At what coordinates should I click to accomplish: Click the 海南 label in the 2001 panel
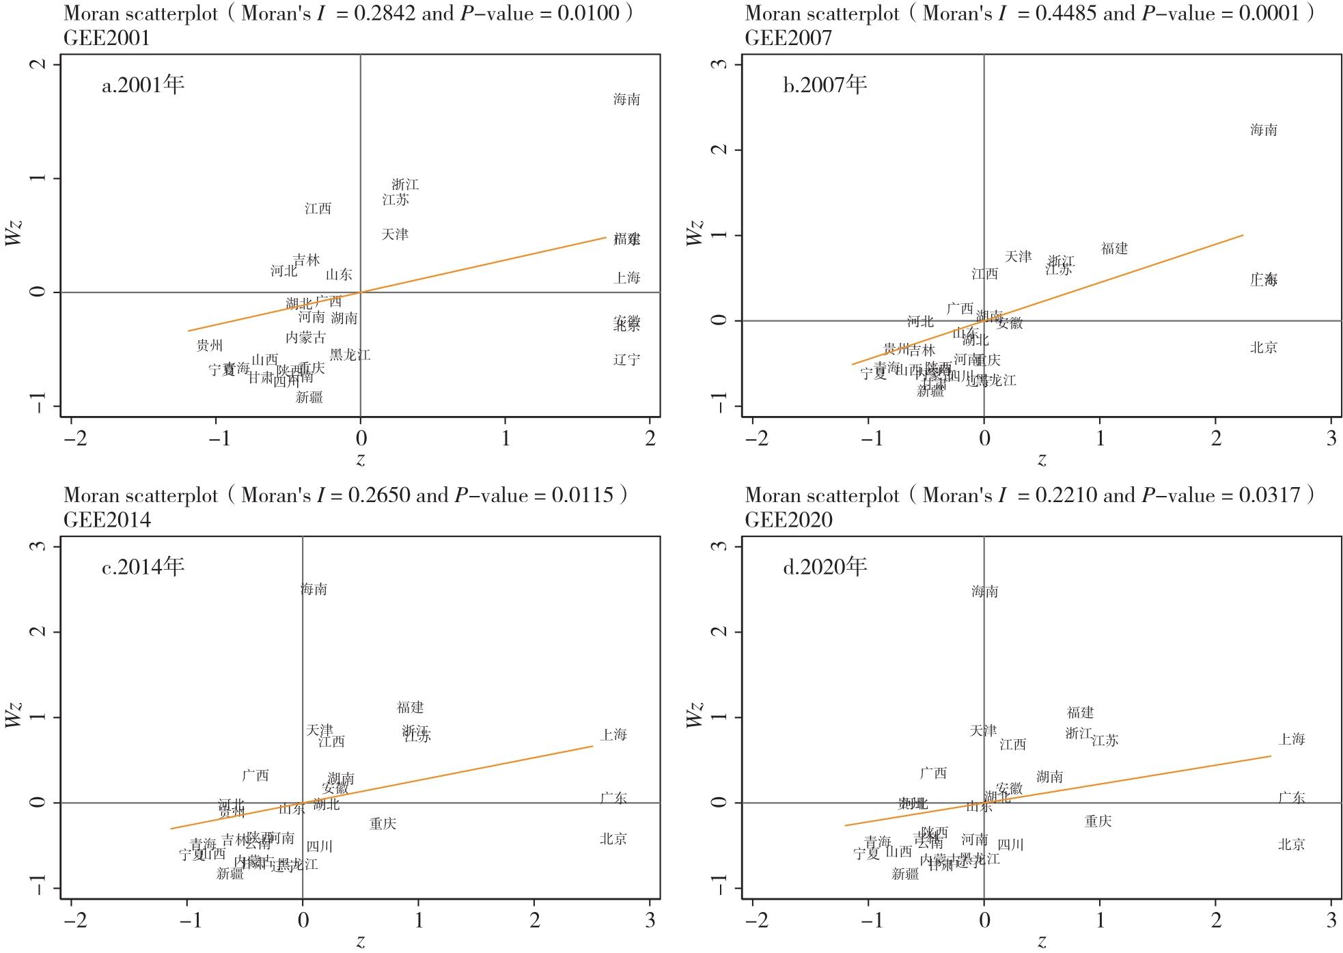tap(626, 100)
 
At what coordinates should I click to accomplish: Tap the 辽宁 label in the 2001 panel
tap(626, 359)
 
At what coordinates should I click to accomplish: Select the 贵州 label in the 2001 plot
tap(209, 346)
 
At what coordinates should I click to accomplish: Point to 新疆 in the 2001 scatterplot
tap(309, 397)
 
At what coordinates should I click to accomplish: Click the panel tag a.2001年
tap(143, 85)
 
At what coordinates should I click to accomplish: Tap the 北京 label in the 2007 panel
tap(1263, 348)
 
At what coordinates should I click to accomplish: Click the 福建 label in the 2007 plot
tap(1114, 249)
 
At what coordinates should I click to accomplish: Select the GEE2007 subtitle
tap(788, 38)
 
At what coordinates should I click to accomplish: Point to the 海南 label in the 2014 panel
tap(314, 589)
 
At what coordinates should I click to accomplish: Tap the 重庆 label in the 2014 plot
tap(383, 824)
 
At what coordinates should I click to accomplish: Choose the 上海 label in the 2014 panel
tap(613, 734)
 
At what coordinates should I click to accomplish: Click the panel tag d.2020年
tap(825, 566)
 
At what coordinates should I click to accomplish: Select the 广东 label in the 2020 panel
tap(1291, 797)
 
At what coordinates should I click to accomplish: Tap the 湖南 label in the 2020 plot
tap(1049, 777)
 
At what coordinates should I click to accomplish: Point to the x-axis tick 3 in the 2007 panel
tap(1331, 439)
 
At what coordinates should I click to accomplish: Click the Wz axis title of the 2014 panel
tap(14, 714)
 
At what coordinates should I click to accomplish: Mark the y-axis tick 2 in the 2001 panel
tap(40, 64)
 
